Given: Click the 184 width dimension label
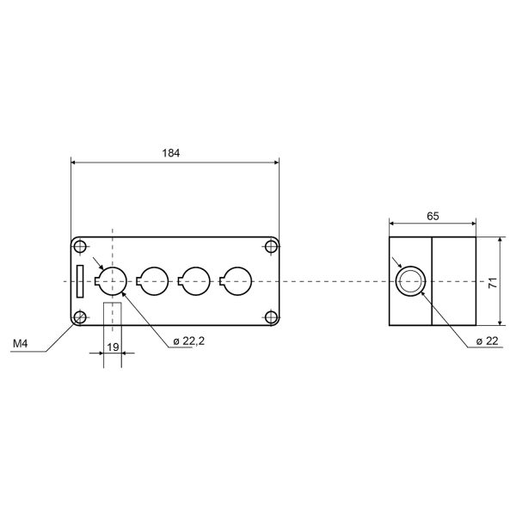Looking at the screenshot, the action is (171, 153).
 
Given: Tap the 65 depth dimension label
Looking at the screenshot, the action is (433, 216).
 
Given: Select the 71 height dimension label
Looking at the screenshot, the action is (493, 283).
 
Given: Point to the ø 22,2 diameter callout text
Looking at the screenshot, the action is (189, 341).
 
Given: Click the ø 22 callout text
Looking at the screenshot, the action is (487, 341).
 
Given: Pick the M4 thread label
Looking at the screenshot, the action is (21, 344).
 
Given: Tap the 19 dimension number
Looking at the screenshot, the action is (113, 347).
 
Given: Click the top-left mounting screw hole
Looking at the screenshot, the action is (80, 247).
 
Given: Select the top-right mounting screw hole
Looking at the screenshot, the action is (271, 247).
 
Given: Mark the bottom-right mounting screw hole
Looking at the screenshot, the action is (271, 317).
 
